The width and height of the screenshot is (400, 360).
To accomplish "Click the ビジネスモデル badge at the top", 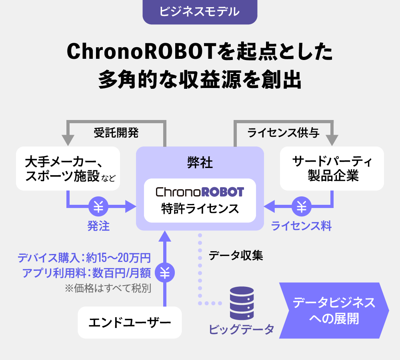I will pyautogui.click(x=200, y=12).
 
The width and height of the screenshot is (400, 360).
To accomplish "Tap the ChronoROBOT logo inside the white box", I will pyautogui.click(x=200, y=192).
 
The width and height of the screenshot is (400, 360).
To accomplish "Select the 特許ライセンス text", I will pyautogui.click(x=200, y=209).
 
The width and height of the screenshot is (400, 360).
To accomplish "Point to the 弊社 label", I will pyautogui.click(x=200, y=163).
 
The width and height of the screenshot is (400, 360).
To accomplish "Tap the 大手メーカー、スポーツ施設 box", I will pyautogui.click(x=68, y=168).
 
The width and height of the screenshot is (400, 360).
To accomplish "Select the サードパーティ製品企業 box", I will pyautogui.click(x=332, y=168).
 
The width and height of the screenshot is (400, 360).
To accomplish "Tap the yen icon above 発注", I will pyautogui.click(x=98, y=206).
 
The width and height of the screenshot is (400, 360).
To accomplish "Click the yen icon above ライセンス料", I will pyautogui.click(x=302, y=206).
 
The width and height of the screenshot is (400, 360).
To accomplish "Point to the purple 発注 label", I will pyautogui.click(x=98, y=226).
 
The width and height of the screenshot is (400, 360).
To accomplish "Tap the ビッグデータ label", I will pyautogui.click(x=242, y=329).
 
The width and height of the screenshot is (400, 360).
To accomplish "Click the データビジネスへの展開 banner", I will pyautogui.click(x=334, y=310).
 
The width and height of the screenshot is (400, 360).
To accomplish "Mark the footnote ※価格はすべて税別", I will pyautogui.click(x=108, y=288).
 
